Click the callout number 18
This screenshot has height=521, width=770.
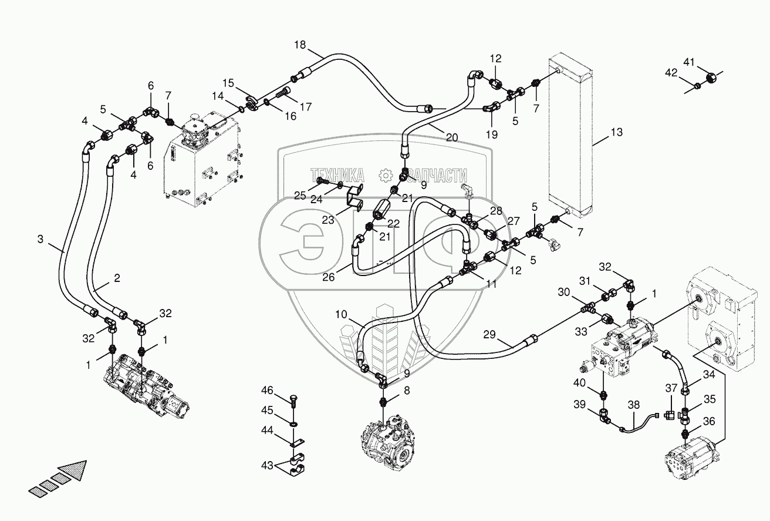pyautogui.click(x=300, y=45)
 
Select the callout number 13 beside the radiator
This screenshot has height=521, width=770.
pyautogui.click(x=617, y=132)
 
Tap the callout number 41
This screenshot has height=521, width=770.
pyautogui.click(x=689, y=62)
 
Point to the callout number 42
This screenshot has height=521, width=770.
pyautogui.click(x=671, y=73)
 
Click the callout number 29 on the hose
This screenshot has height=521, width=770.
pyautogui.click(x=489, y=334)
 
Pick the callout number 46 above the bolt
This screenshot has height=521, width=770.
pyautogui.click(x=267, y=390)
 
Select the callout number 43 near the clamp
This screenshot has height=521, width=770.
pyautogui.click(x=267, y=466)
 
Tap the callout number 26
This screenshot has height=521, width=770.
pyautogui.click(x=328, y=277)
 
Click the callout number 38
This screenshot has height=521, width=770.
pyautogui.click(x=633, y=405)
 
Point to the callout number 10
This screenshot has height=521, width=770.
pyautogui.click(x=342, y=314)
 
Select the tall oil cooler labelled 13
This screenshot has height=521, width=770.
pyautogui.click(x=570, y=136)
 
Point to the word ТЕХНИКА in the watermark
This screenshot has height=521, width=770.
pyautogui.click(x=337, y=176)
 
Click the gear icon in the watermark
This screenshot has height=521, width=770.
pyautogui.click(x=386, y=176)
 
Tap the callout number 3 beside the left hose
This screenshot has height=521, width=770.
pyautogui.click(x=40, y=239)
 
